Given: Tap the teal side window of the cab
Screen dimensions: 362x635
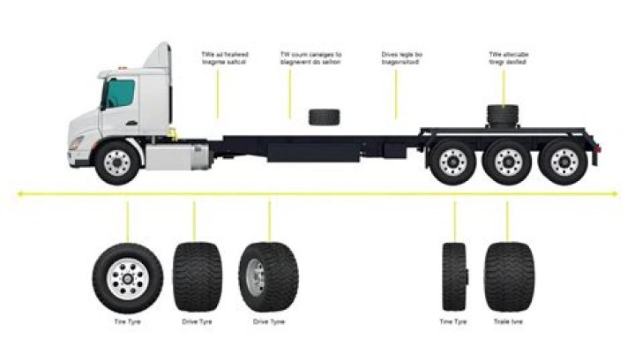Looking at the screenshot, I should click(119, 94).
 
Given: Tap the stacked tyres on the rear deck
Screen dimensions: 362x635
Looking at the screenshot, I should click(504, 115).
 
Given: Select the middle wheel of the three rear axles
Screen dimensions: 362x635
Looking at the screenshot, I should click(508, 162).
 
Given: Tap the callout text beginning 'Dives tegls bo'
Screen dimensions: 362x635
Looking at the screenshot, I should click(401, 58).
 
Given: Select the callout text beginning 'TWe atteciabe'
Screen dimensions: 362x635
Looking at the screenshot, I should click(509, 58).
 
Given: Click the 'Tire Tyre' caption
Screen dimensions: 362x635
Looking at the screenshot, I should click(127, 322).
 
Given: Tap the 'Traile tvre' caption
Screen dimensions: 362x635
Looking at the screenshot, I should click(508, 322).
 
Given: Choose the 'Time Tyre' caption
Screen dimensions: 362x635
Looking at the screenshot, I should click(453, 322).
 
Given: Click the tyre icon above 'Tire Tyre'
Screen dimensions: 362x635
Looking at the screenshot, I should click(127, 276).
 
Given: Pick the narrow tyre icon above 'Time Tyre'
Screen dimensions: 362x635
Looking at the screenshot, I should click(453, 276).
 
